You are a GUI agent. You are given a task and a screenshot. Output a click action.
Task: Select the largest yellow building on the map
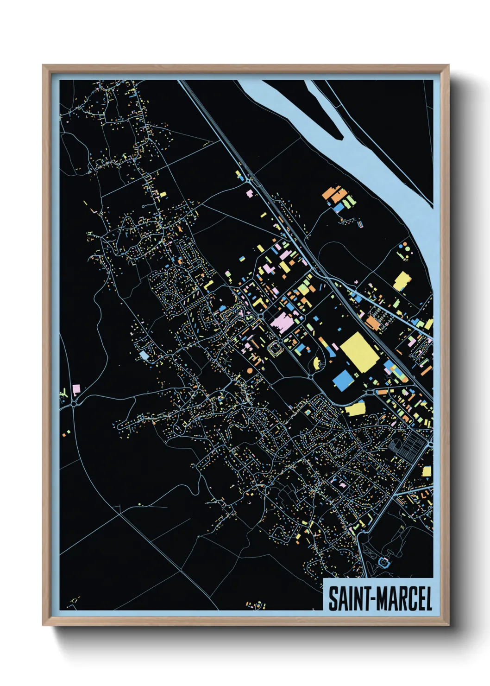point(360,351)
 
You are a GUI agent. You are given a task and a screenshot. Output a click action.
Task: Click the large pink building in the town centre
point(282,321)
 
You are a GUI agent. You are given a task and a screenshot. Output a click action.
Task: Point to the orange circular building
point(250,370)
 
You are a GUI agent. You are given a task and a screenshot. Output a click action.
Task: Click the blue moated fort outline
point(384,563)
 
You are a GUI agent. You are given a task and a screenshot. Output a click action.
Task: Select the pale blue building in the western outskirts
point(144,355)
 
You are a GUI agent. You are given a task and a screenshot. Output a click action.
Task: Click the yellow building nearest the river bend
point(402,281)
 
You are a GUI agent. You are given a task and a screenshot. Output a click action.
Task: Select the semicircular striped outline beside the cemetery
point(393,446)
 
